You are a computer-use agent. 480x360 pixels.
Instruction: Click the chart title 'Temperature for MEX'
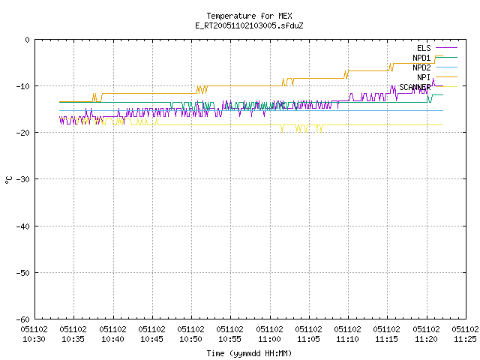[x=249, y=16]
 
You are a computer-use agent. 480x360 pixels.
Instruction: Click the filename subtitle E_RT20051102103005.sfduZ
[x=249, y=25]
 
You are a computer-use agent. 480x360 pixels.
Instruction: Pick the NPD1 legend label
[x=421, y=58]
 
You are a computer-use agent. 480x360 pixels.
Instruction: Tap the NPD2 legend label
[x=421, y=67]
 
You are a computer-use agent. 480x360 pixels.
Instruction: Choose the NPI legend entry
[x=424, y=77]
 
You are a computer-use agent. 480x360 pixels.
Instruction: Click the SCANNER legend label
[x=415, y=87]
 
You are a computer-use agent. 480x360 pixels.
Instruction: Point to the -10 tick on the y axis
[x=23, y=86]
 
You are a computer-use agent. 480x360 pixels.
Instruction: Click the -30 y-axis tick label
[x=23, y=179]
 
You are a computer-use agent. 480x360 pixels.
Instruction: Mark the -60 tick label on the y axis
[x=23, y=319]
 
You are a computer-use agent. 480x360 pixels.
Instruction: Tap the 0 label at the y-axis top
[x=28, y=40]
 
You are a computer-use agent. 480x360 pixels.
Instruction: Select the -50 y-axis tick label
[x=23, y=273]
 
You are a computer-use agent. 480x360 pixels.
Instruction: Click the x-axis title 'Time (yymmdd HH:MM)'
[x=249, y=353]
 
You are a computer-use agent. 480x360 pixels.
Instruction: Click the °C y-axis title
[x=8, y=180]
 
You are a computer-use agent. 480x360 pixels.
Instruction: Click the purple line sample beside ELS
[x=446, y=48]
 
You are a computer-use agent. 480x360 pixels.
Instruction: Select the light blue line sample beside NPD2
[x=446, y=67]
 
